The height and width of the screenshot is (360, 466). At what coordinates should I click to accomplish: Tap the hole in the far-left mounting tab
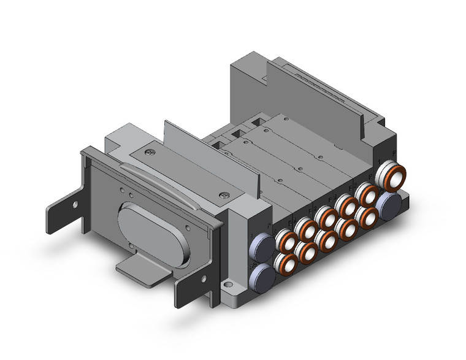pyautogui.click(x=75, y=205)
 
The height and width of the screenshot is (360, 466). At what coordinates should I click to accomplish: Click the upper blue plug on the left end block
pyautogui.click(x=261, y=246)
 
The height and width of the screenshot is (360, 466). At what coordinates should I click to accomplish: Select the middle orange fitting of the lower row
pyautogui.click(x=327, y=240)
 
